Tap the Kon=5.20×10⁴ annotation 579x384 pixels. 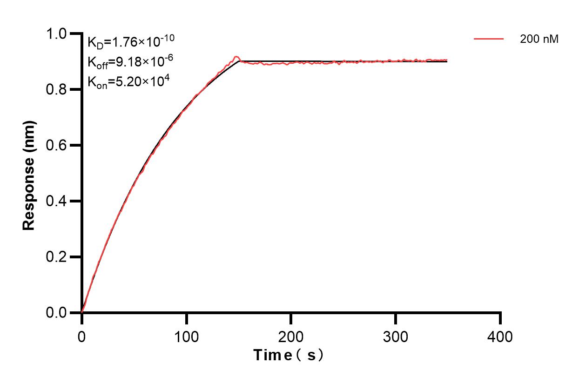click(x=128, y=82)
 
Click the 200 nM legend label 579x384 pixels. click(x=539, y=40)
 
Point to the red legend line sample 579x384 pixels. click(x=489, y=40)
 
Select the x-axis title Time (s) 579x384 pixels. click(x=289, y=356)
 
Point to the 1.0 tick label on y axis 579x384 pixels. click(x=57, y=34)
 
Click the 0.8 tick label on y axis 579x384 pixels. click(x=57, y=90)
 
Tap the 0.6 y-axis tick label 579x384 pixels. click(x=57, y=146)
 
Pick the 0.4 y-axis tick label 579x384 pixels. click(x=57, y=202)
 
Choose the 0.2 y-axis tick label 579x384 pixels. click(x=57, y=257)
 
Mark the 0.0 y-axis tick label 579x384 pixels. click(x=57, y=313)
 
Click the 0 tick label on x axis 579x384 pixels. click(x=82, y=336)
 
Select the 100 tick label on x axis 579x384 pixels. click(x=186, y=336)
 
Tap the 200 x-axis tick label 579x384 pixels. click(x=291, y=336)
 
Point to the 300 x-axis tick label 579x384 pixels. click(x=396, y=336)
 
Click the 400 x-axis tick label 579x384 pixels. click(x=500, y=336)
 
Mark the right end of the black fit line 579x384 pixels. click(x=447, y=61)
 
